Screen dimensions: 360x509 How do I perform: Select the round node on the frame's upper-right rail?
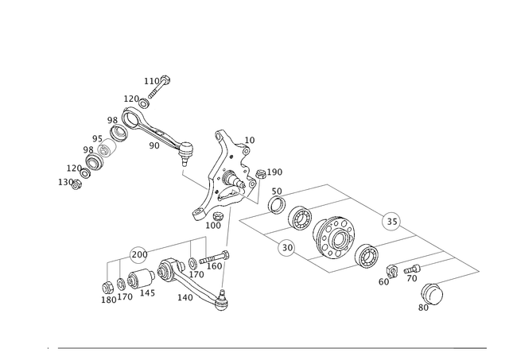click(x=390, y=219)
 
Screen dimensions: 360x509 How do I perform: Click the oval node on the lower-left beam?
click(x=137, y=254)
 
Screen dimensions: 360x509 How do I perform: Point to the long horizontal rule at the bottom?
click(x=262, y=347)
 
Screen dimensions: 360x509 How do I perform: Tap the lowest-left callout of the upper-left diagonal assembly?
click(x=64, y=181)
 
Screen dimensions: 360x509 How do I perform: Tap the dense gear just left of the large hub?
click(x=301, y=217)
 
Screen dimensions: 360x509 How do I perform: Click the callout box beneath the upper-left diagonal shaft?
click(x=153, y=145)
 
